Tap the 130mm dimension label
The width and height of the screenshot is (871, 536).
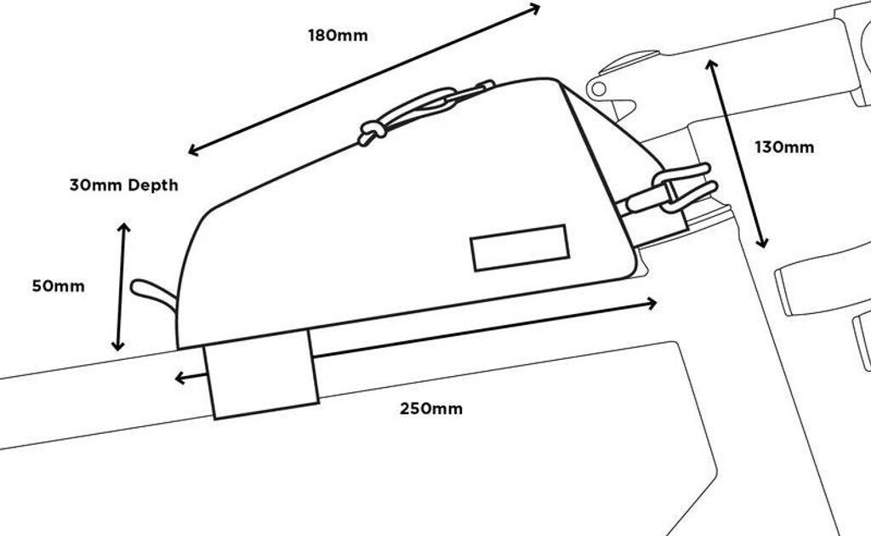tap(784, 147)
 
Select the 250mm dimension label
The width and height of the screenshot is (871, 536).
tap(431, 408)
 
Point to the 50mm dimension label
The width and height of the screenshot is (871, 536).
tap(59, 286)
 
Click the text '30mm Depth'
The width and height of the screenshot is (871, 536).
tap(124, 185)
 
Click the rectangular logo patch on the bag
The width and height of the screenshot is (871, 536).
tap(520, 248)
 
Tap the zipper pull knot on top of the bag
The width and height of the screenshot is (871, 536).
tap(371, 132)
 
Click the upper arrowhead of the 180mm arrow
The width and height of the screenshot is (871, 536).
tap(535, 9)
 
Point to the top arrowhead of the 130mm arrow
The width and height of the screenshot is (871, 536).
tap(711, 65)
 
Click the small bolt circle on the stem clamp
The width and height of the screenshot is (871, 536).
tap(599, 88)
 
